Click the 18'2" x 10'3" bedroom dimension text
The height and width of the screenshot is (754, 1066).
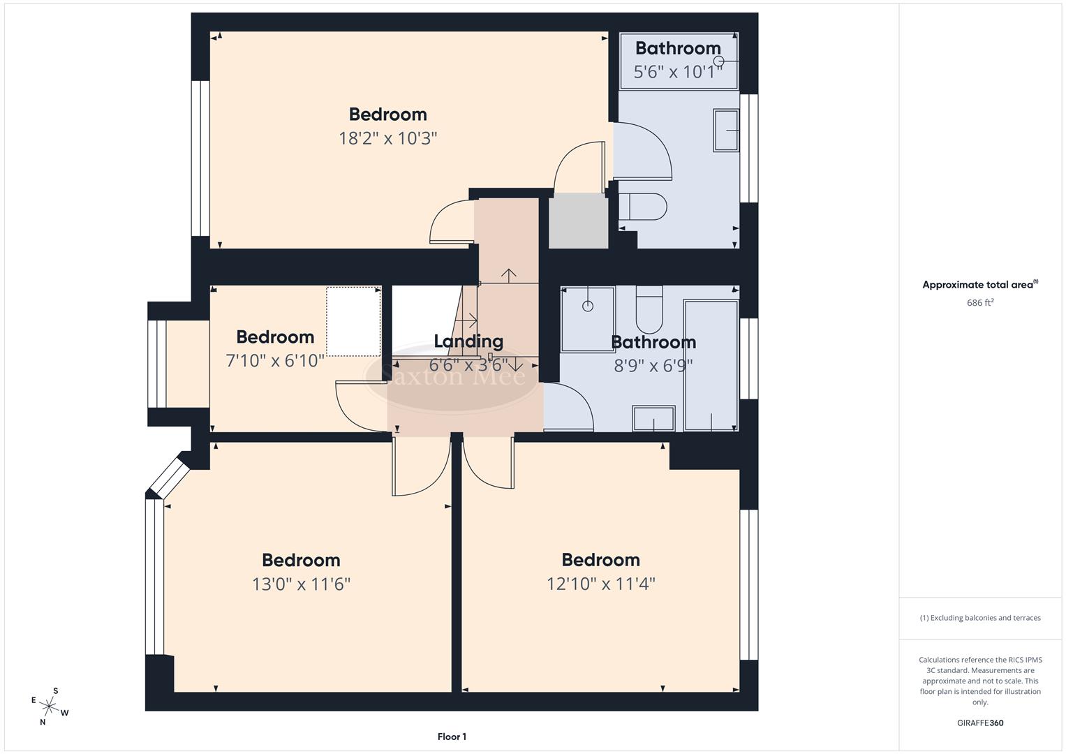tap(387, 138)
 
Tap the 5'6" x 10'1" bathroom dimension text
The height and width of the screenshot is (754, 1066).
tap(677, 72)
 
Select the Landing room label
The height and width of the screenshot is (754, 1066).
tap(468, 341)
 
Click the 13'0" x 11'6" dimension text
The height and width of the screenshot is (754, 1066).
tap(301, 584)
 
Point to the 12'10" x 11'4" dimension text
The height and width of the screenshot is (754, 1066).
tap(600, 584)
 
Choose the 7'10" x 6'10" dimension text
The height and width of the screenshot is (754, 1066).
tap(275, 361)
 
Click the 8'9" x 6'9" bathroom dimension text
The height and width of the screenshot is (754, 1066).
tap(653, 365)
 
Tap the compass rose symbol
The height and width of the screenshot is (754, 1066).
tap(50, 707)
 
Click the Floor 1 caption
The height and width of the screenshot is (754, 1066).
tap(452, 737)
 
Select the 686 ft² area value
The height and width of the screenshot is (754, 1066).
tap(980, 303)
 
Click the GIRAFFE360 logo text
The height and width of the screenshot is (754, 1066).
tap(980, 723)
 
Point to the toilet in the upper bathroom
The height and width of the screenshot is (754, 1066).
tap(643, 207)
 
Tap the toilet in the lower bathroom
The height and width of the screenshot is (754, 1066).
tap(649, 311)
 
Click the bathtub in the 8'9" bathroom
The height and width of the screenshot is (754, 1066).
tap(711, 365)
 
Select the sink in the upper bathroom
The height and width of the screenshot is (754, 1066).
tap(725, 130)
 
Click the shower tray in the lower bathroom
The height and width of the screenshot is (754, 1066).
tap(588, 319)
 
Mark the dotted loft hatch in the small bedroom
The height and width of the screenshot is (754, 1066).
tap(354, 321)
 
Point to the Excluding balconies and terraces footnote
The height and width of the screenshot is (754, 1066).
tap(980, 618)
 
